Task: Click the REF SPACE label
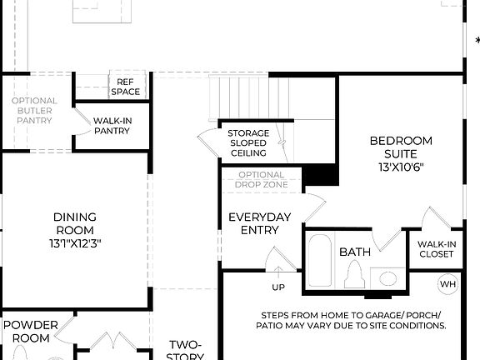(x=125, y=86)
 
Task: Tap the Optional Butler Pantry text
(x=34, y=111)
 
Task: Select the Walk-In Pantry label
(x=111, y=126)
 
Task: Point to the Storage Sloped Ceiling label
(x=248, y=143)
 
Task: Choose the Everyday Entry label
(x=260, y=223)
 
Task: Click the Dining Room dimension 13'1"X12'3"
(x=75, y=243)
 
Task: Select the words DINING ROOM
(x=75, y=223)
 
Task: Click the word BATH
(x=354, y=252)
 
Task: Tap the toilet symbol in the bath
(x=354, y=274)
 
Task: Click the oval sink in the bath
(x=385, y=277)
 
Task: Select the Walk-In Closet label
(x=436, y=249)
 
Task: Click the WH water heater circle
(x=448, y=284)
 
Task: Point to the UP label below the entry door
(x=277, y=287)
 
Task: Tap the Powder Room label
(x=30, y=331)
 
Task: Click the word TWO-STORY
(x=186, y=344)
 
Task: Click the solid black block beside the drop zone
(x=321, y=175)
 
